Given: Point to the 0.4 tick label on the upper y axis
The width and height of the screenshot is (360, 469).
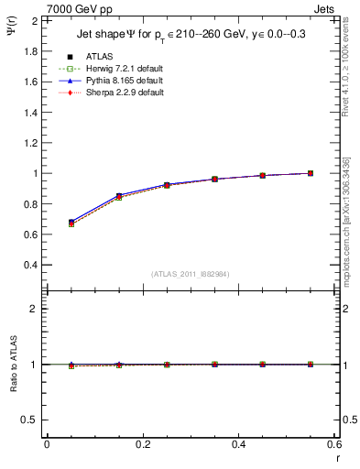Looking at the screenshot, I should click(x=31, y=265).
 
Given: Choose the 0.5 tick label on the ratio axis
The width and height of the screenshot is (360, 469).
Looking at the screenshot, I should click(x=31, y=420).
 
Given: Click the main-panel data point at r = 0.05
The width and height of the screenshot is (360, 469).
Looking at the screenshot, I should click(x=71, y=223).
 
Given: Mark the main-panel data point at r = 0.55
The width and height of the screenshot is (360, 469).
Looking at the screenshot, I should click(x=311, y=173).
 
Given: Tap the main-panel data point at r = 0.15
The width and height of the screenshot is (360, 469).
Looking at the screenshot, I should click(x=119, y=197).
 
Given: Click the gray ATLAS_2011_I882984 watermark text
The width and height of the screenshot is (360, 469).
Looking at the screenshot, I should click(x=191, y=273).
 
